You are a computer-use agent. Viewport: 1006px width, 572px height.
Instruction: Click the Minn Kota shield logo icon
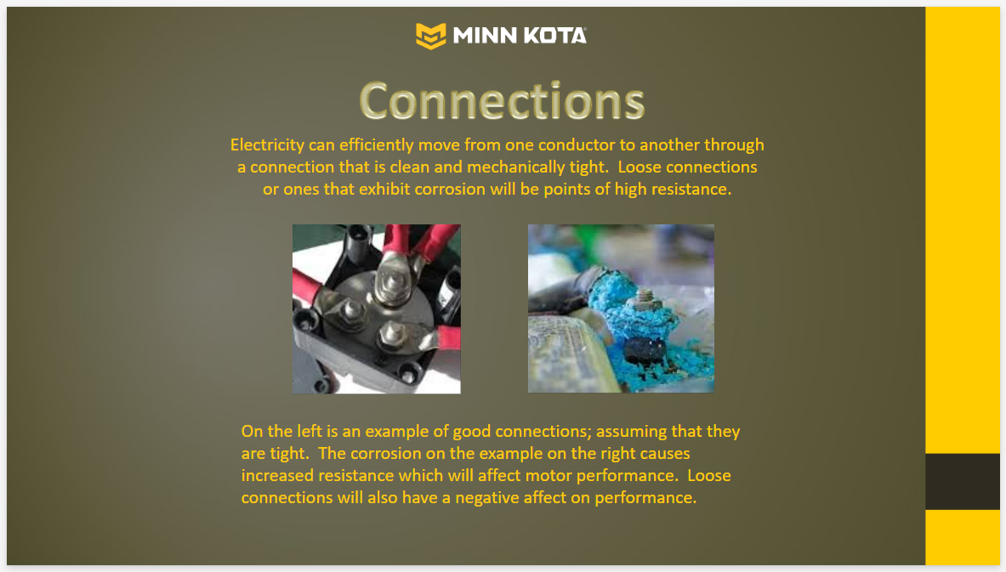[430, 36]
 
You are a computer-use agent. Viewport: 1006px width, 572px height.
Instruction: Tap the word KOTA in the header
[555, 35]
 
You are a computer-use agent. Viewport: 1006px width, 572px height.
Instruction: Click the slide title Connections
[502, 100]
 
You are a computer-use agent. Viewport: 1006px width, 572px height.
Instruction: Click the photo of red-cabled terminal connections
[377, 309]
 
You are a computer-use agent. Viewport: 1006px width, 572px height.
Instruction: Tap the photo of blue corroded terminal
[621, 309]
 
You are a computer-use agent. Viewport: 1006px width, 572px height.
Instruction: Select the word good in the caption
[472, 432]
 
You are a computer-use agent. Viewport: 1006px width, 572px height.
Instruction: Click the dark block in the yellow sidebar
[963, 482]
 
